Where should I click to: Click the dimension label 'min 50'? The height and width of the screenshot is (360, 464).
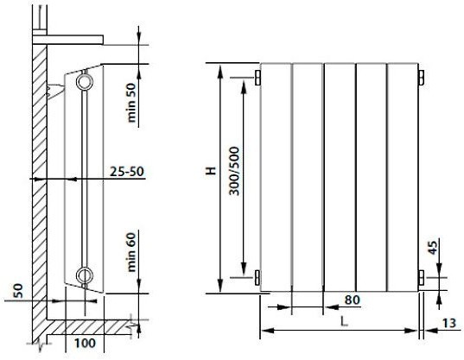click(131, 103)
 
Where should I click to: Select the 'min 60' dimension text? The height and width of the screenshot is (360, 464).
click(131, 252)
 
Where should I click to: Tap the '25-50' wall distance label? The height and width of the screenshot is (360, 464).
click(127, 172)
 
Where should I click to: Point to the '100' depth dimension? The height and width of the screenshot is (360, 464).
click(85, 343)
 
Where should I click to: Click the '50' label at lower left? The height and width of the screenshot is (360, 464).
click(18, 291)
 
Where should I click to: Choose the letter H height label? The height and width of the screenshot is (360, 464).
click(211, 171)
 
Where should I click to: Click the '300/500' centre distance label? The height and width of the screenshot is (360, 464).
click(234, 171)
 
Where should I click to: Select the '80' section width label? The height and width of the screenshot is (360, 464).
click(353, 300)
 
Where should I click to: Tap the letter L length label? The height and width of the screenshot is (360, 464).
click(344, 321)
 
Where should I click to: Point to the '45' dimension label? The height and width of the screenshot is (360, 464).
click(432, 248)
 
